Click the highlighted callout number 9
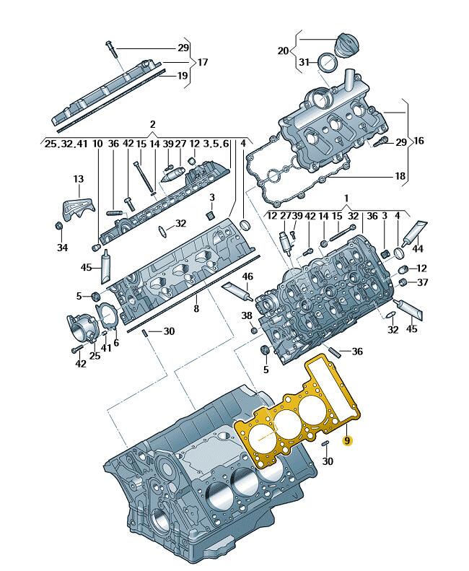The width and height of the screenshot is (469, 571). pyautogui.click(x=346, y=441)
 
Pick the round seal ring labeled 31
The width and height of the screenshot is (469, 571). pyautogui.click(x=328, y=63)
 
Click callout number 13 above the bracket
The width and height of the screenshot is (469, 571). pyautogui.click(x=79, y=179)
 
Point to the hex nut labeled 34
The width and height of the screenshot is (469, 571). pyautogui.click(x=58, y=226)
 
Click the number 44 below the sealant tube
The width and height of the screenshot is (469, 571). pyautogui.click(x=418, y=249)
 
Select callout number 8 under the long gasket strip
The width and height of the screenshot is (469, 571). pyautogui.click(x=196, y=309)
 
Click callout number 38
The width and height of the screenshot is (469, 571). pyautogui.click(x=247, y=315)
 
